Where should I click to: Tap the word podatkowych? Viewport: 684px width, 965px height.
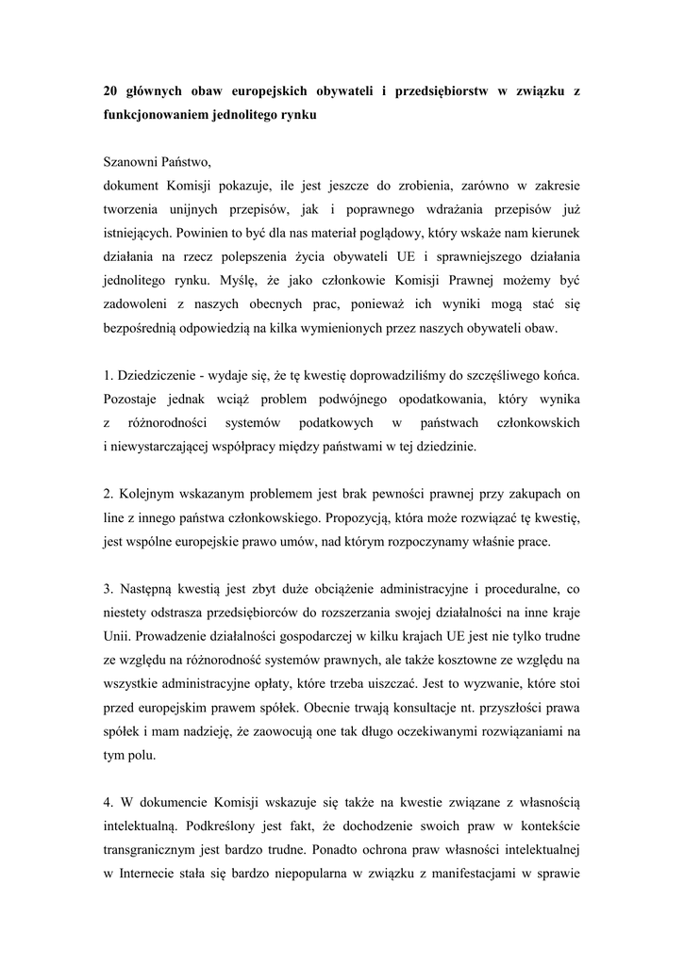[x=336, y=422]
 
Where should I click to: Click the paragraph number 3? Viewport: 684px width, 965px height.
[x=108, y=589]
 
